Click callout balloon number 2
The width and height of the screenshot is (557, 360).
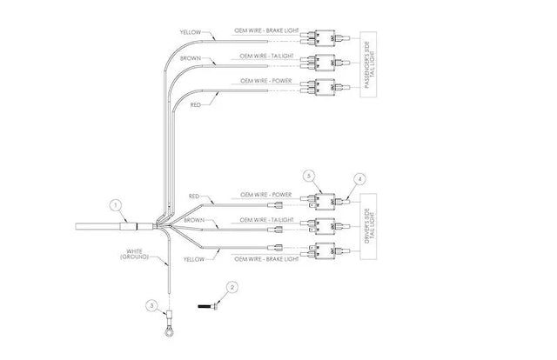(232, 286)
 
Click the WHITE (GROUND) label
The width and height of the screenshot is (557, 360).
(136, 256)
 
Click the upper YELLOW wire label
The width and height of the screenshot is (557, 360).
(191, 32)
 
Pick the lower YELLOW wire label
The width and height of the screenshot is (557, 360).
(194, 258)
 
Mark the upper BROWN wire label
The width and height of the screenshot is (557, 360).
(191, 57)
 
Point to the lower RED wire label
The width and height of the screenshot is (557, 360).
(196, 197)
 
